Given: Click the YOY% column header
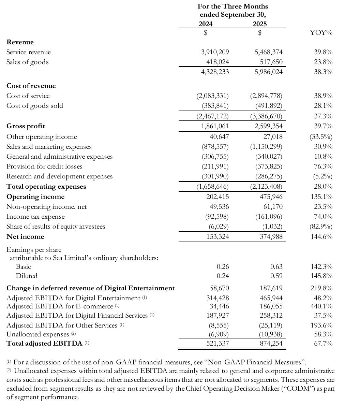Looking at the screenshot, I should (x=321, y=33).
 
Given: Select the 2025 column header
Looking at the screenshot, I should (x=260, y=24).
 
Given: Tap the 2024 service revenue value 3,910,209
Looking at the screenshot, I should (x=215, y=52).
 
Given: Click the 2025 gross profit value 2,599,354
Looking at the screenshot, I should (x=269, y=126).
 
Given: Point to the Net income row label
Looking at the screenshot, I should (x=25, y=237).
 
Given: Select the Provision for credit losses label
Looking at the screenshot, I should (x=44, y=166).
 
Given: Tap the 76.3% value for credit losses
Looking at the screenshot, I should (x=323, y=166).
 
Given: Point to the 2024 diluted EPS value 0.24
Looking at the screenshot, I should (x=223, y=276).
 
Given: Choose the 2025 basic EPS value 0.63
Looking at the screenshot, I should (x=276, y=267).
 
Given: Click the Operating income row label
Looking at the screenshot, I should (x=35, y=197).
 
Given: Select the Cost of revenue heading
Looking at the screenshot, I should (x=31, y=86).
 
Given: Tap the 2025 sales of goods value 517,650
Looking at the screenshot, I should (x=271, y=62).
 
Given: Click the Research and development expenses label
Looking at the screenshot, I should (x=59, y=176).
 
